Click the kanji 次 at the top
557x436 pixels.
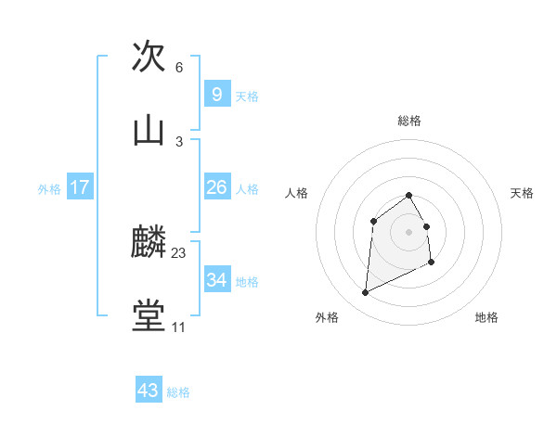tap(149, 58)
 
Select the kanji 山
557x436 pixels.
tap(149, 131)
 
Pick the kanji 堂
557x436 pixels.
tap(149, 315)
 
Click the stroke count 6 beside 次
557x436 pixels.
tap(179, 68)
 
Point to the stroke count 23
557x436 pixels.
tap(179, 253)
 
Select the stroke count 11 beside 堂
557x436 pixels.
tap(178, 327)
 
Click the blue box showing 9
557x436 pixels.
tap(216, 95)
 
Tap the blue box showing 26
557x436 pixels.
tap(216, 187)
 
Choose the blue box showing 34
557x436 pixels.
tap(216, 280)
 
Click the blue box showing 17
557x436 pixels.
tap(80, 187)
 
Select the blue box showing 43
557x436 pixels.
tap(149, 391)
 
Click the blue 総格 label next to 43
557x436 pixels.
tap(178, 392)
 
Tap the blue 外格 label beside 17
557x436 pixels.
tap(49, 189)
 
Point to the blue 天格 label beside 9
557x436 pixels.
tap(247, 96)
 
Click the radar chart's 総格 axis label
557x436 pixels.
tap(409, 121)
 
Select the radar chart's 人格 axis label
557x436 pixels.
tap(297, 193)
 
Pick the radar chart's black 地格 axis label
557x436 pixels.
tap(486, 317)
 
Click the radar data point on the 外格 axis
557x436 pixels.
tap(366, 293)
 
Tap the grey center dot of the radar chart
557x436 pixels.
tap(409, 232)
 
